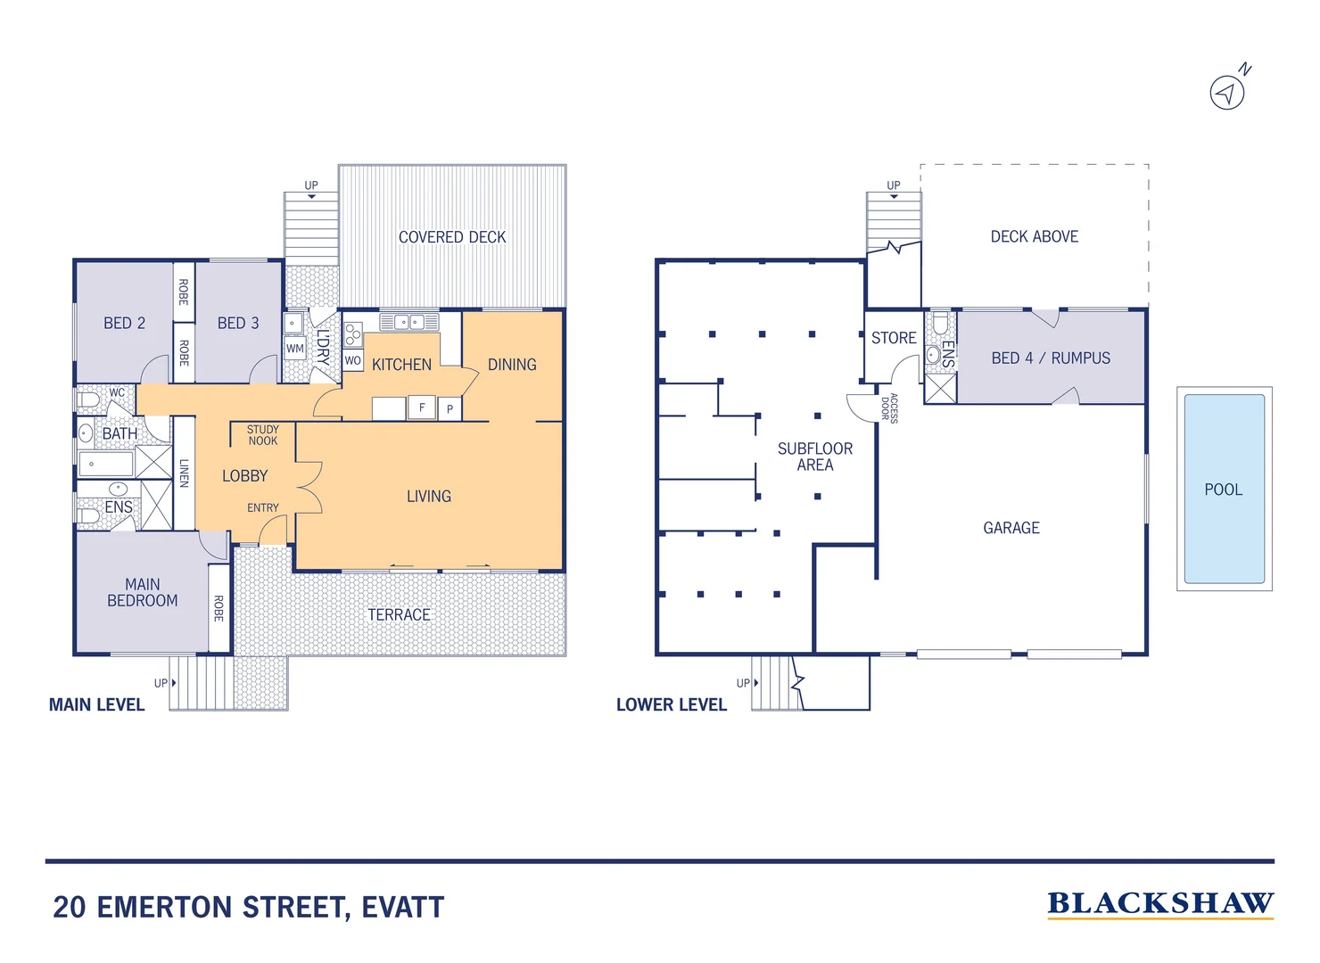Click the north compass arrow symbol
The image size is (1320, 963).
point(1227,93)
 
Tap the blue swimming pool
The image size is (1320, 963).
point(1224,489)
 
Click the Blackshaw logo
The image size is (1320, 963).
point(1160,905)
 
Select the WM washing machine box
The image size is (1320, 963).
point(295,348)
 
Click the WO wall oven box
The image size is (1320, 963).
point(352,360)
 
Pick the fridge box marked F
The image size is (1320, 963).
point(422,407)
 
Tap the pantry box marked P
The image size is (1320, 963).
point(450,408)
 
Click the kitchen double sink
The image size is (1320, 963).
point(409,322)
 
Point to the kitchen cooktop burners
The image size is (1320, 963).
point(352,334)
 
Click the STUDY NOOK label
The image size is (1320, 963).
point(263,435)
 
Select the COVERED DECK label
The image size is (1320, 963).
point(452,237)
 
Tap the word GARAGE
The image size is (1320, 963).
point(1011,528)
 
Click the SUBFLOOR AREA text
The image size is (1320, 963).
point(815,457)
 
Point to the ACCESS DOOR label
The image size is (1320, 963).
point(889,408)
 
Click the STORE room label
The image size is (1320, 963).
point(894,337)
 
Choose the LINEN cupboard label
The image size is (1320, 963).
point(184,473)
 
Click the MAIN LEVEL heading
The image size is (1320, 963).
point(96,704)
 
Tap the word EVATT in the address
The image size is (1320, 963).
point(403,907)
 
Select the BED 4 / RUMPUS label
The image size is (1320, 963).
point(1051,358)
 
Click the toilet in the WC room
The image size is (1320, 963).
point(88,400)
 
